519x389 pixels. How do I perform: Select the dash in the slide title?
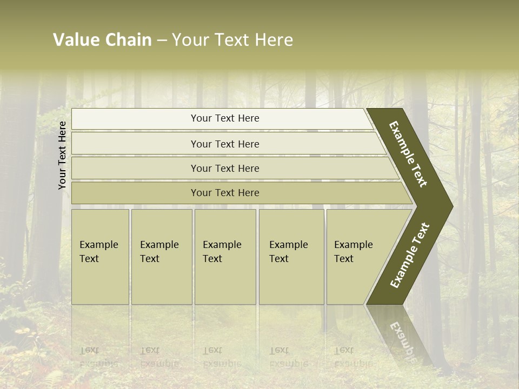coord(162,41)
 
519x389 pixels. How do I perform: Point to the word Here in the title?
coord(274,40)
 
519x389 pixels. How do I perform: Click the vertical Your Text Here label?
coord(62,155)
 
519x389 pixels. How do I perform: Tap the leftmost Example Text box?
coord(100,257)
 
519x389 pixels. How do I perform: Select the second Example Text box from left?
coord(162,257)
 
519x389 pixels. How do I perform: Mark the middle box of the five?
coord(225,257)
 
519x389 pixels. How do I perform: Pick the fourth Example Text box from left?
coord(291,257)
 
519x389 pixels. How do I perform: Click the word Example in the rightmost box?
coord(354,245)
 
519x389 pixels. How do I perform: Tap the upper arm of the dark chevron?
coord(409,154)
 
